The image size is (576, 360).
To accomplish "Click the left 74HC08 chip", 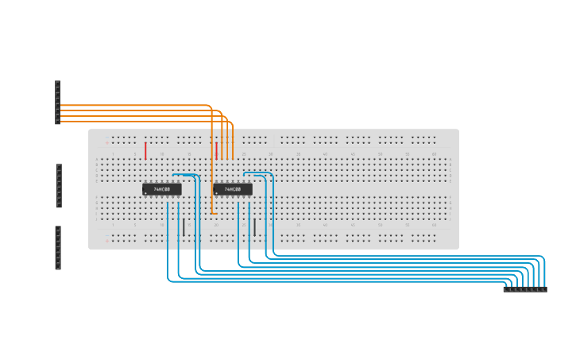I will point(162,189).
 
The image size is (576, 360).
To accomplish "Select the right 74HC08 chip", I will point(233,189).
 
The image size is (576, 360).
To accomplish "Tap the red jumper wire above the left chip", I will point(145,151).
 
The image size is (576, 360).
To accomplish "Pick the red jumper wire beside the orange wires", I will point(216,151).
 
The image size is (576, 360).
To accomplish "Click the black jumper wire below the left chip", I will point(184,227).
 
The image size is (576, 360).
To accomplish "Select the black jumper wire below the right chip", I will point(254,227).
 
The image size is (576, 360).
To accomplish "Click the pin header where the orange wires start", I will point(57,103).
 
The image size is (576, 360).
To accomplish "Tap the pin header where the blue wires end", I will point(524,289).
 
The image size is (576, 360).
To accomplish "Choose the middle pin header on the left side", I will point(58,186).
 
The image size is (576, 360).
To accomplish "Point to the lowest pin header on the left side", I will point(57,248).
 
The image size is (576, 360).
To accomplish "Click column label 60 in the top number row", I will point(434,153).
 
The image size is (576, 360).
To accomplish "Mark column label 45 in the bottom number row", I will point(352,225).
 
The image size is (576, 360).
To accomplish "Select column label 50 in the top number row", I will point(380,153).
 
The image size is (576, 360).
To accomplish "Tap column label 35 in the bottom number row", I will point(298,225).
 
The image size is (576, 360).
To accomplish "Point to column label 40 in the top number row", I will point(325,153).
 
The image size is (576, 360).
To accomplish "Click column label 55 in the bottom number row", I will point(407,225).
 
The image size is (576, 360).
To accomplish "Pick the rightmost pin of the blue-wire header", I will point(544,289).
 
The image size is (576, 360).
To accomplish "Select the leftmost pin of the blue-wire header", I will point(506,289).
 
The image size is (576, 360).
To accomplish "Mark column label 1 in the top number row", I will point(113,153).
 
